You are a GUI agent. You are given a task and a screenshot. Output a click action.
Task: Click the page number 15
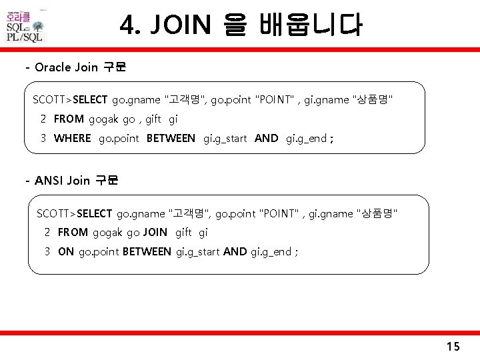[x=453, y=346]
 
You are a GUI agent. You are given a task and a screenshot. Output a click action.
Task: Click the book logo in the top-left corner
[x=25, y=26]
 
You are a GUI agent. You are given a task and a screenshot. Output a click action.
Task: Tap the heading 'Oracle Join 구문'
[x=81, y=67]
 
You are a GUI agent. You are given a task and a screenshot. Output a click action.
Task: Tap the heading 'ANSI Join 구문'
[x=76, y=180]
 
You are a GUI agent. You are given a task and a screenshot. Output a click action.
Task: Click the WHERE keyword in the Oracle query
[x=72, y=139]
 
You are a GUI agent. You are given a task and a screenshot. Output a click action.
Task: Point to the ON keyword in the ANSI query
[x=66, y=251]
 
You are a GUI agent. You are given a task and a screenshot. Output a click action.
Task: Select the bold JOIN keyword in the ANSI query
[x=155, y=232]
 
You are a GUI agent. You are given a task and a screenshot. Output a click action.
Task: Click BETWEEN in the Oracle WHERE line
[x=171, y=139]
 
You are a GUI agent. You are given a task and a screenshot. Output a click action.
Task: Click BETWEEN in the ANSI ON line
[x=147, y=251]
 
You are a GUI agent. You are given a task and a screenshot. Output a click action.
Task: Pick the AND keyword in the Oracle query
[x=267, y=139]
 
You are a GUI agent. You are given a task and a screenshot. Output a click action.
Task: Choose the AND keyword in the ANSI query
[x=235, y=251]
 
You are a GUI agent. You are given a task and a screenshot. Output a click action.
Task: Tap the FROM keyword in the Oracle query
[x=69, y=119]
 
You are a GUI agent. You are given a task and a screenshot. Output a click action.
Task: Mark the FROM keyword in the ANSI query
[x=73, y=232]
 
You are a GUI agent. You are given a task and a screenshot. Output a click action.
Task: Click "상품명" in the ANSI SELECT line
[x=378, y=213]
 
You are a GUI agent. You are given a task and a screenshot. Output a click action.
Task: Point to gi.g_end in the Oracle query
[x=306, y=139]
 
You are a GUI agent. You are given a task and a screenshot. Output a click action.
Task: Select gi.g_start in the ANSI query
[x=198, y=251]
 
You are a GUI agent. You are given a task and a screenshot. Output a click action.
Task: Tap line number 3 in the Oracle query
[x=43, y=139]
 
